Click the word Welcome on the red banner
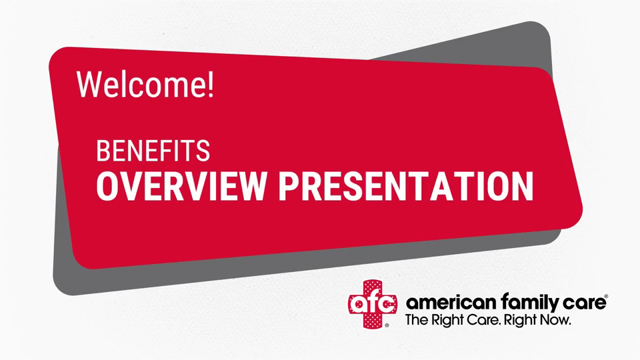point(141,84)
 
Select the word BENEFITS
point(153,151)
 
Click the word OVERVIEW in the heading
point(181,186)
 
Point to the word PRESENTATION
point(406,186)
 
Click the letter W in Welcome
point(89,84)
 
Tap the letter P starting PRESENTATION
point(289,186)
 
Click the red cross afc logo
point(372,304)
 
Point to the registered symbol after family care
point(606,296)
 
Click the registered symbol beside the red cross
point(387,326)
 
